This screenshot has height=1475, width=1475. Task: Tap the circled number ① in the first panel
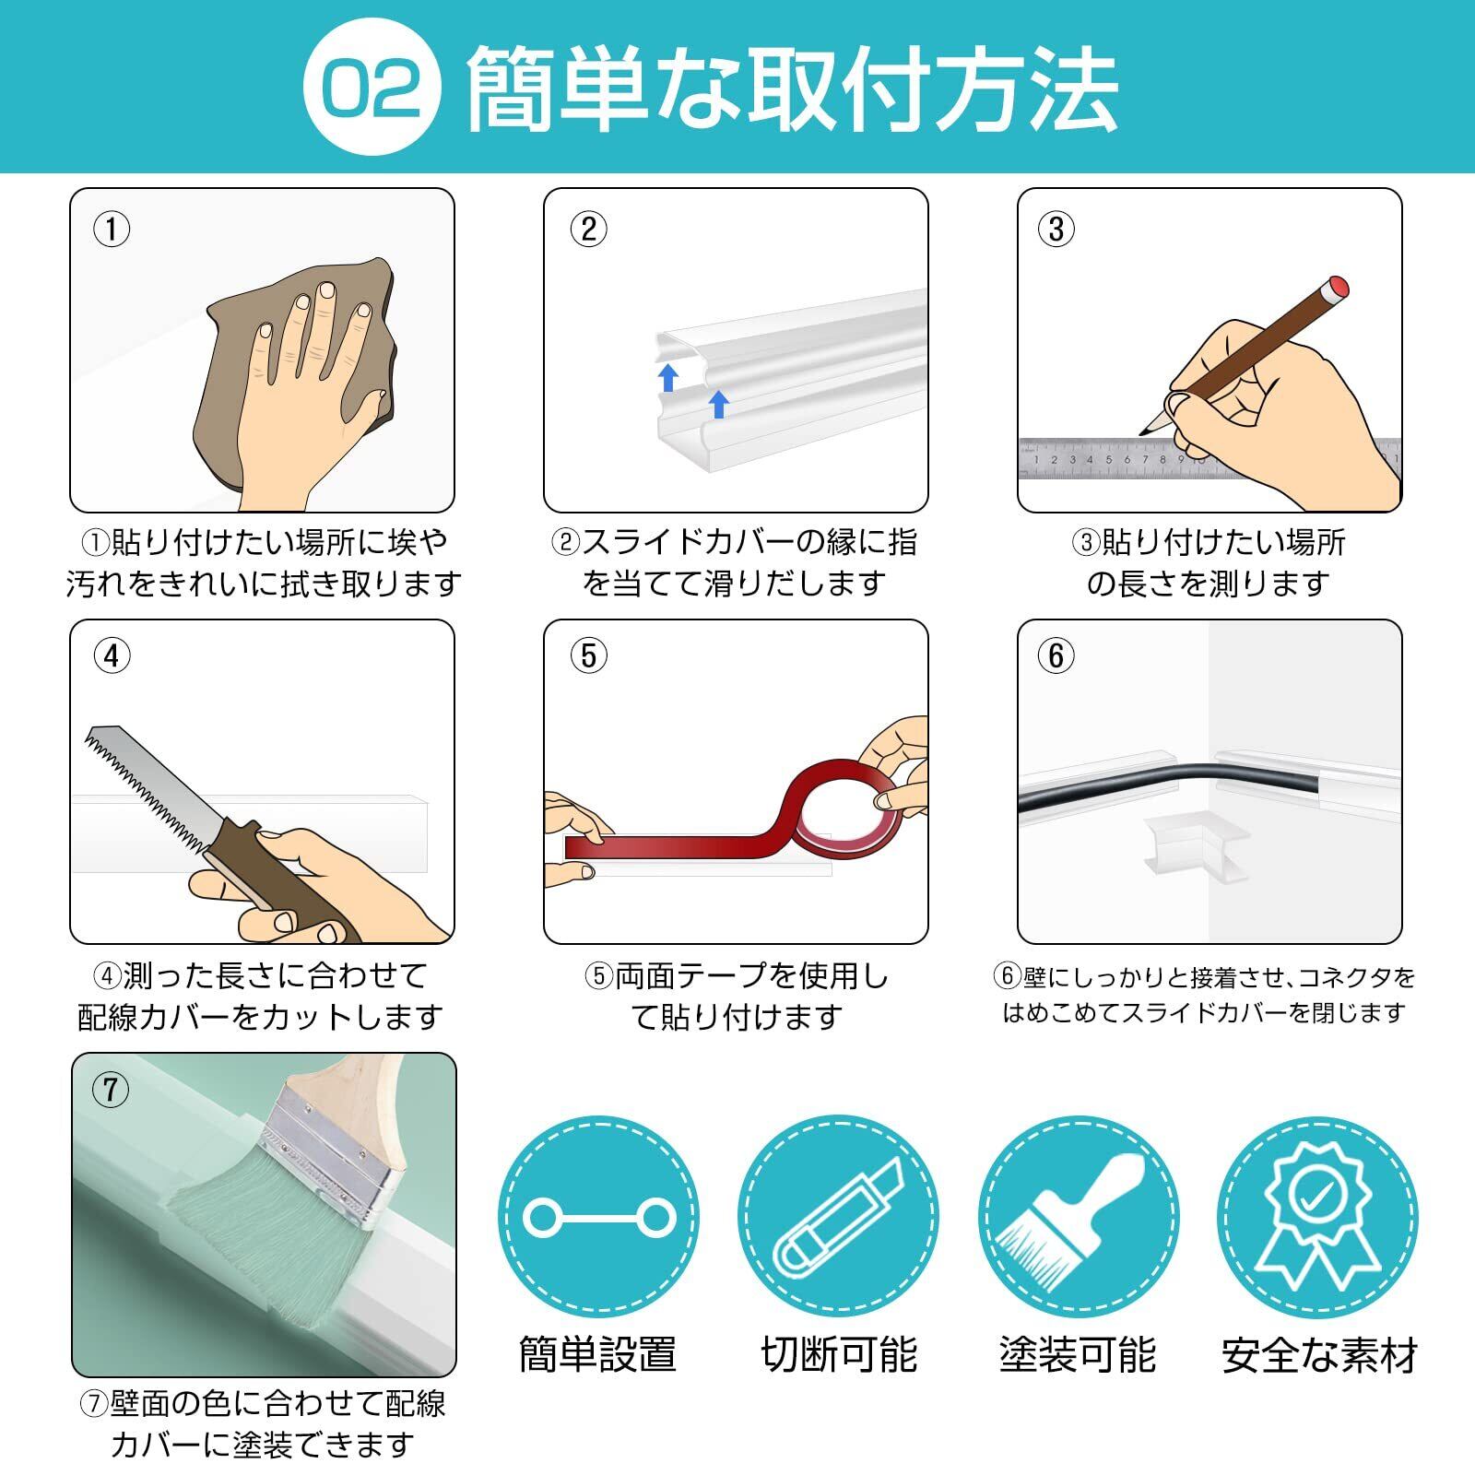112,229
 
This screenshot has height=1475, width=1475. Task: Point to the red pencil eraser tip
1337,287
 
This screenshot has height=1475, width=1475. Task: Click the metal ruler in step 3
1208,459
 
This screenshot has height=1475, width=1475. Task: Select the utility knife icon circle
838,1217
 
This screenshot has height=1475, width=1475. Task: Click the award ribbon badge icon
1317,1217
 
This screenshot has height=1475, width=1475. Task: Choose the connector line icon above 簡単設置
598,1218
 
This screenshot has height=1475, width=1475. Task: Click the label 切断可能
839,1355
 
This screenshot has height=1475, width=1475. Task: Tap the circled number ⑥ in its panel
1056,655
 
